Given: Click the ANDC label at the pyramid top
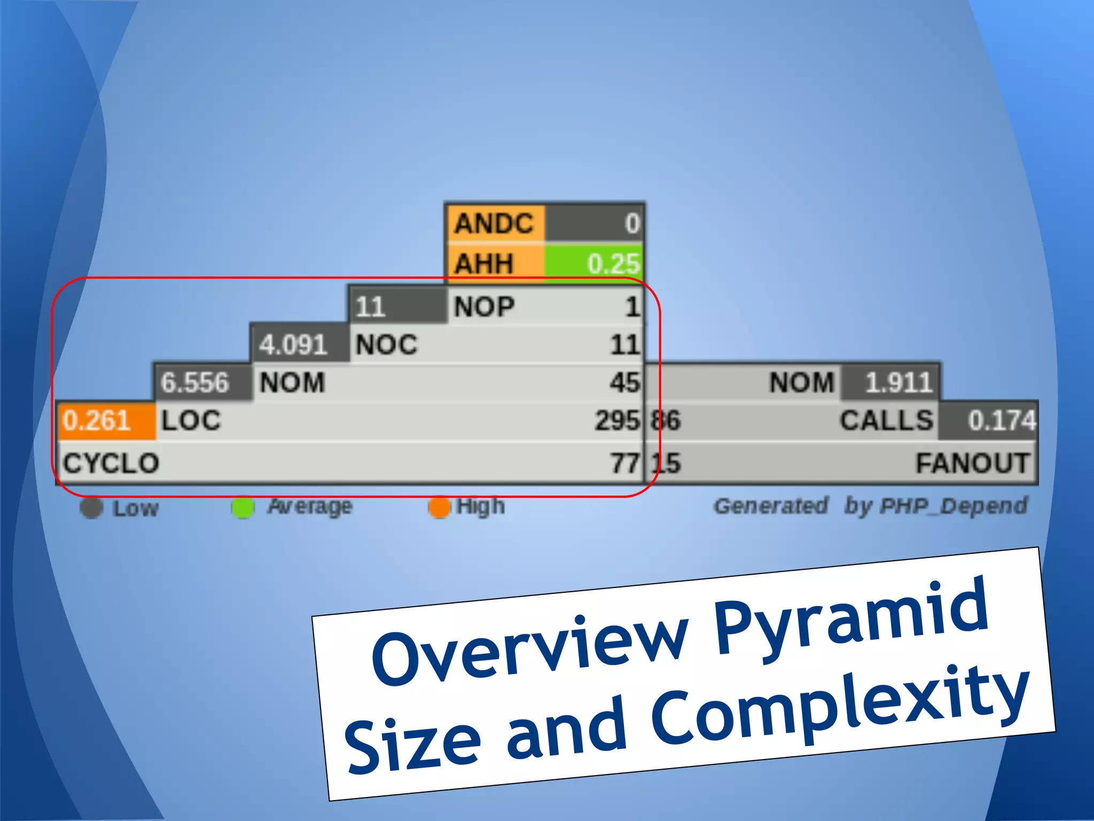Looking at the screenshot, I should (x=494, y=223).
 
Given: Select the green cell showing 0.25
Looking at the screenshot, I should (x=593, y=263).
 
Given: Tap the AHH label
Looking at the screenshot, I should (x=484, y=263).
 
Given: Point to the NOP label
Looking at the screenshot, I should (x=484, y=307).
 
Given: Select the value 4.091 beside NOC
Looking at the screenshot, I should (x=293, y=345).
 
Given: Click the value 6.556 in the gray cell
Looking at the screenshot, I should (x=195, y=383).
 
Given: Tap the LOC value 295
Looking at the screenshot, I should (x=618, y=421).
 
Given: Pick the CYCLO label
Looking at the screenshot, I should (x=111, y=463).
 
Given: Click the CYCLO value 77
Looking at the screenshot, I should (x=625, y=463).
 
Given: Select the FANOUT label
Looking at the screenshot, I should (x=972, y=463).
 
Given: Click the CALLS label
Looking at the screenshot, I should (x=886, y=421).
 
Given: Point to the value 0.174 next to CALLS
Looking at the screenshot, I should (x=1002, y=421).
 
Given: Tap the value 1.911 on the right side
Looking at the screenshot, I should (x=898, y=383).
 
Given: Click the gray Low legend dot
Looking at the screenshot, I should (x=91, y=508).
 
